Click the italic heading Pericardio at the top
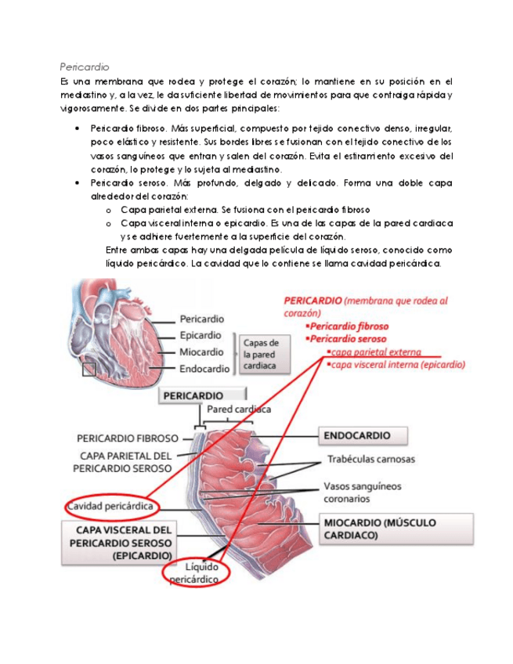pyautogui.click(x=84, y=67)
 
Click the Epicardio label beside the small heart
pyautogui.click(x=201, y=335)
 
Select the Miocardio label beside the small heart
pyautogui.click(x=201, y=352)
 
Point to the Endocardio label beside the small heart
pyautogui.click(x=204, y=368)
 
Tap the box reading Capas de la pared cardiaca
pyautogui.click(x=261, y=354)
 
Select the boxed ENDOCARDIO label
pyautogui.click(x=356, y=435)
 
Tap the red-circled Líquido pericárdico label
pyautogui.click(x=196, y=572)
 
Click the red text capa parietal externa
pyautogui.click(x=375, y=352)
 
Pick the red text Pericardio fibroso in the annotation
pyautogui.click(x=349, y=327)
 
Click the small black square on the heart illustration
pyautogui.click(x=89, y=368)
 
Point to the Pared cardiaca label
pyautogui.click(x=239, y=410)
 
